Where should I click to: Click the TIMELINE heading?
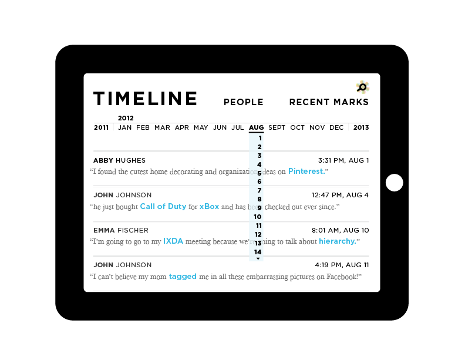(145, 99)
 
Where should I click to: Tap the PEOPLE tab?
(243, 102)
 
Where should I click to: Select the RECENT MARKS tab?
(328, 102)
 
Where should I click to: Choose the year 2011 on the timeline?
(101, 127)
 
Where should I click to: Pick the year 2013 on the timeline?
(360, 127)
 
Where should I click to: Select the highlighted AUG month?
(256, 127)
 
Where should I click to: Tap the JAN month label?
(124, 127)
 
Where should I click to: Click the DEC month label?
(336, 127)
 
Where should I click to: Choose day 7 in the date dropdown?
(259, 190)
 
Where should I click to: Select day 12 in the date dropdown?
(258, 234)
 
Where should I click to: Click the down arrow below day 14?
(258, 258)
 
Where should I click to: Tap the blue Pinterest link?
(306, 171)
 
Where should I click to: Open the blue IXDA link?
(173, 241)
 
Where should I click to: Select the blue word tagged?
(183, 276)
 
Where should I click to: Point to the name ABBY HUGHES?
(119, 160)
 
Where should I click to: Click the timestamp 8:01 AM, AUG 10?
(342, 230)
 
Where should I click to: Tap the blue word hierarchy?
(338, 241)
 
